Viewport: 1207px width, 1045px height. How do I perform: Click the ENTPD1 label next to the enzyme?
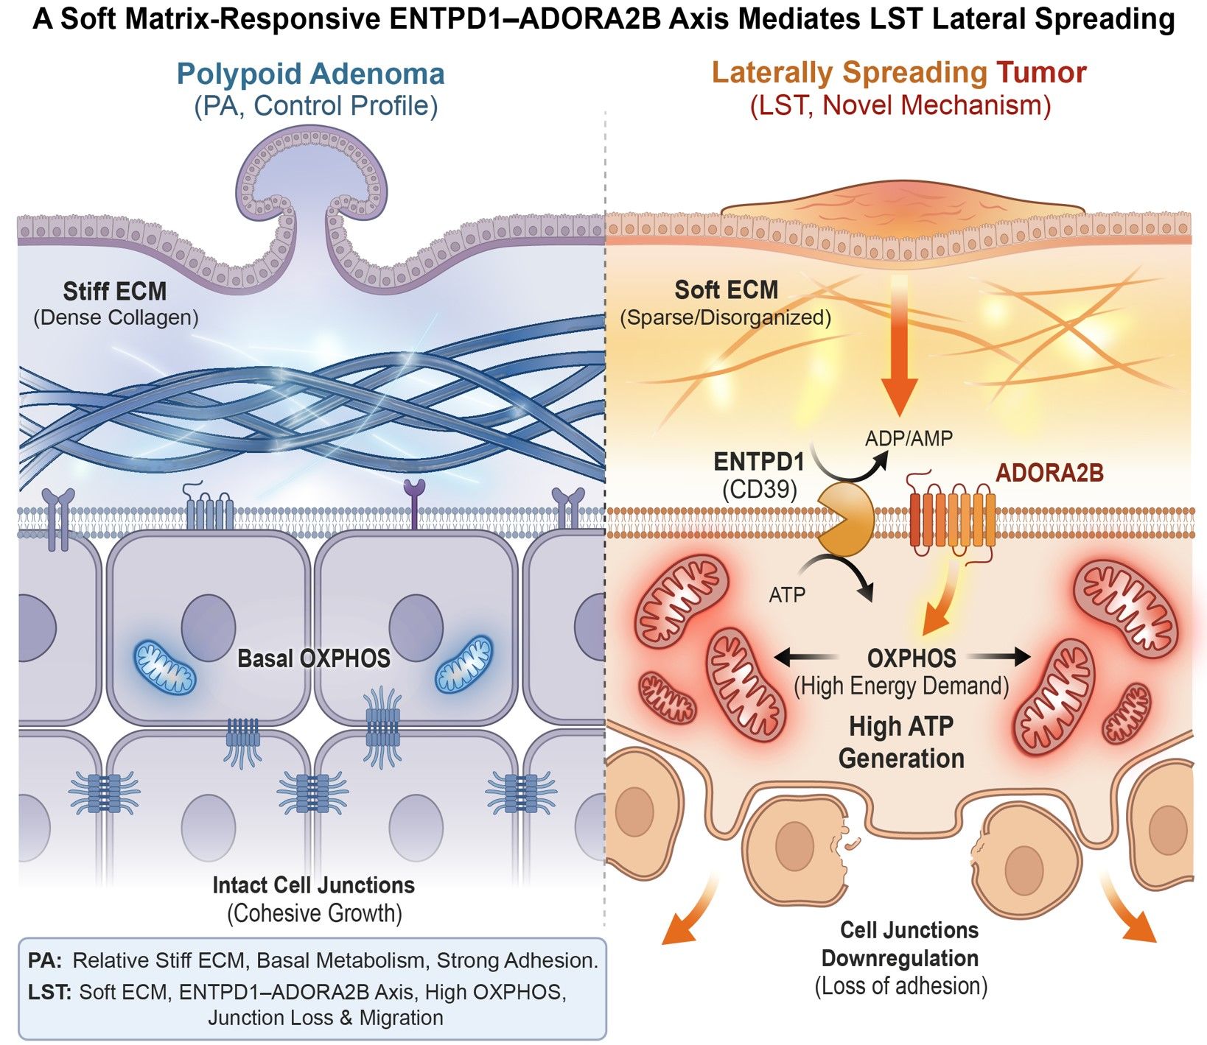(758, 462)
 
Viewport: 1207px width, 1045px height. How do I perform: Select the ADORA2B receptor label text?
(1049, 473)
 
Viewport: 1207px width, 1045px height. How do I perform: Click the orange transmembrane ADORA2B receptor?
(953, 520)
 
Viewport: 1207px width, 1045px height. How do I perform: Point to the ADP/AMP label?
(909, 439)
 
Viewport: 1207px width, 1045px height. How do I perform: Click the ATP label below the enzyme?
(787, 594)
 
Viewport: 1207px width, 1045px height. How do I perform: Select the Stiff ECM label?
(115, 292)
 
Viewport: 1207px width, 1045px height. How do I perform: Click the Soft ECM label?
(726, 290)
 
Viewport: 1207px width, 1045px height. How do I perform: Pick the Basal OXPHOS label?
(313, 658)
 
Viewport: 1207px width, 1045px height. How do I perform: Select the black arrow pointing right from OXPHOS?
(999, 655)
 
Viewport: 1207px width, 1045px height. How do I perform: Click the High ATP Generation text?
(900, 742)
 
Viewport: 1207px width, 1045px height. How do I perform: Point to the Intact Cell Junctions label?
(313, 885)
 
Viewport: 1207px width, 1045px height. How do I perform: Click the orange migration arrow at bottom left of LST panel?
(689, 917)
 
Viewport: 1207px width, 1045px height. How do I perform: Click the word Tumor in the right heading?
(1040, 73)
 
